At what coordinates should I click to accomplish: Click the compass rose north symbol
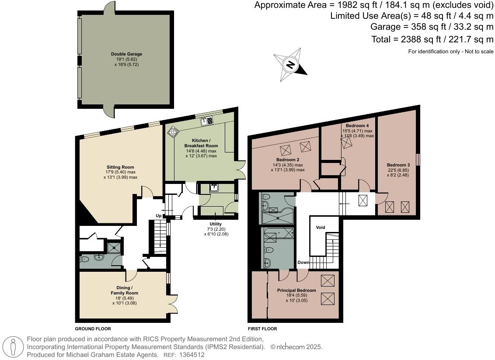[x=290, y=65]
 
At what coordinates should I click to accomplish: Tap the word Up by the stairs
[x=158, y=216]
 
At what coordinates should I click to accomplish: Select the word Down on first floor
[x=303, y=263]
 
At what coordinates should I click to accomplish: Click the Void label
[x=321, y=227]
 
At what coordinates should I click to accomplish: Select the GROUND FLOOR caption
[x=93, y=329]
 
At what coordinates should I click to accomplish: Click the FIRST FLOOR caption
[x=262, y=329]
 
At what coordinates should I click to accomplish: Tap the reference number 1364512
[x=192, y=355]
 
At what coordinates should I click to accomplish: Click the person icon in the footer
[x=13, y=346]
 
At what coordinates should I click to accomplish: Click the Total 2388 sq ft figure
[x=432, y=39]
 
